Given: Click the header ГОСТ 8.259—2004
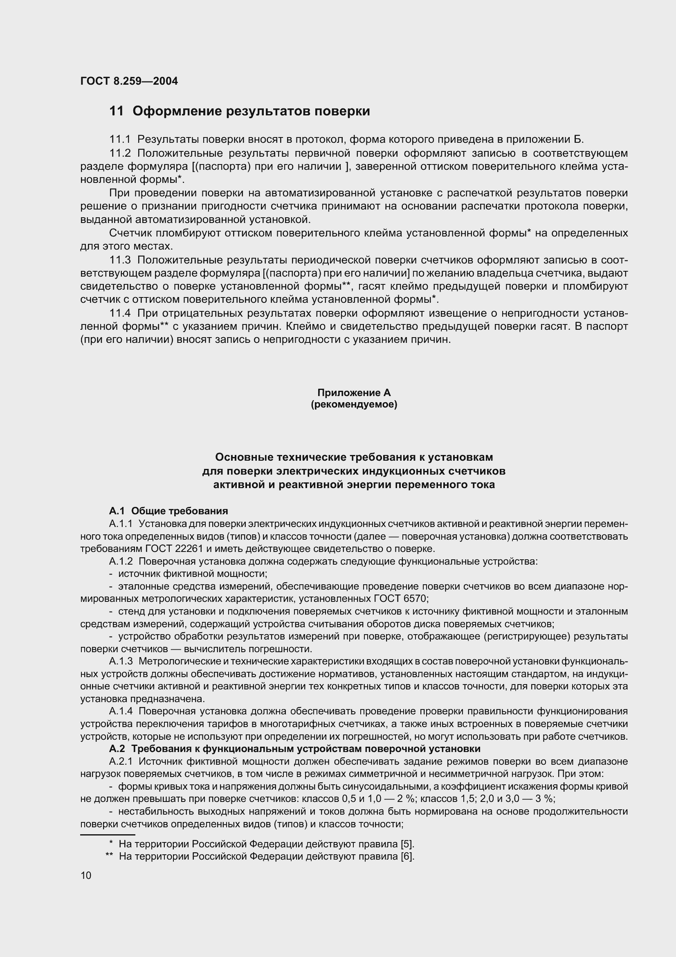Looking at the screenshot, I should pos(129,81).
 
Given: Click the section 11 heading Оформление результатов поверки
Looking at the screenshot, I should pos(240,111).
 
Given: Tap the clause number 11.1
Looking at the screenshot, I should pos(119,139).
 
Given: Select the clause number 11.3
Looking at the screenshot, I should pos(119,261).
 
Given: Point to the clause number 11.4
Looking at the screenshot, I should pos(119,313).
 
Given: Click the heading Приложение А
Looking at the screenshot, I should pos(354,393).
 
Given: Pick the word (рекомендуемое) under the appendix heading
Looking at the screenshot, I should pos(354,404).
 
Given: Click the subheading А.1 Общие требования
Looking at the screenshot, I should pos(168,511).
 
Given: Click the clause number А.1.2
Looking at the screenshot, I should pos(121,561).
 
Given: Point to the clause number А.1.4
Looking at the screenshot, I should pos(121,711).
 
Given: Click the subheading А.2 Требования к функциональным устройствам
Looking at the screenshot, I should pos(294,749).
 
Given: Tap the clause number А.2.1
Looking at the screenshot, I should pos(121,761).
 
